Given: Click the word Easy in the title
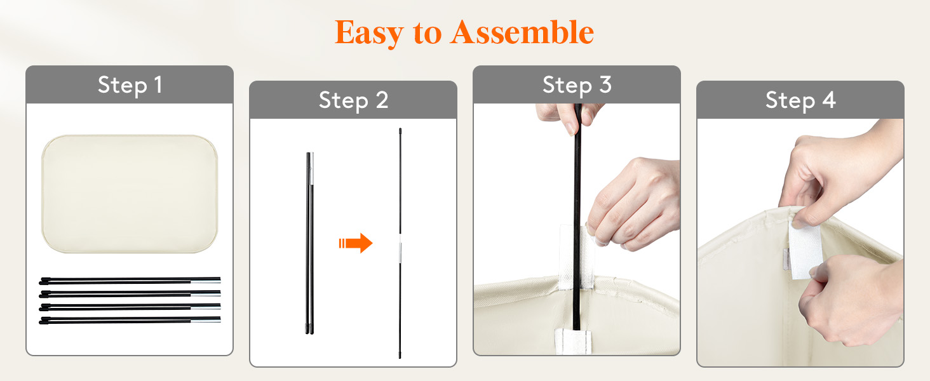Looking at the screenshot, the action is pyautogui.click(x=368, y=33).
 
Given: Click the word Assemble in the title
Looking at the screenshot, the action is pyautogui.click(x=522, y=32).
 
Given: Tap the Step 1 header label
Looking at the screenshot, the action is pyautogui.click(x=130, y=85).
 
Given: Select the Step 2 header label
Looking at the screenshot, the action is pyautogui.click(x=353, y=100).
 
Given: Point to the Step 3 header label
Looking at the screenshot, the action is pyautogui.click(x=577, y=85).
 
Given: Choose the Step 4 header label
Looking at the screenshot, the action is pyautogui.click(x=800, y=100).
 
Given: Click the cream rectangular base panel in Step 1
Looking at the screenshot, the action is pyautogui.click(x=130, y=194).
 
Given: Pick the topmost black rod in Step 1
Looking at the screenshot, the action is pyautogui.click(x=130, y=281).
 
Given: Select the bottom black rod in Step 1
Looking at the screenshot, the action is pyautogui.click(x=130, y=320).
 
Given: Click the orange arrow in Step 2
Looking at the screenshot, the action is pyautogui.click(x=356, y=243).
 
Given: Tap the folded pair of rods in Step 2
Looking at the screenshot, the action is pyautogui.click(x=310, y=243).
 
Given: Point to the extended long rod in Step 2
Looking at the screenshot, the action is pyautogui.click(x=400, y=243).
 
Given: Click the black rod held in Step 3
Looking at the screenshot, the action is pyautogui.click(x=577, y=216).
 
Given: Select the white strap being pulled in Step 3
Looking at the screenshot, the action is pyautogui.click(x=576, y=257).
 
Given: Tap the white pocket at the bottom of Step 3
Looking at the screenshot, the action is pyautogui.click(x=573, y=342).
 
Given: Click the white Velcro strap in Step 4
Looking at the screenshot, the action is pyautogui.click(x=805, y=250).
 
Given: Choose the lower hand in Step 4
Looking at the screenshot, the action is pyautogui.click(x=851, y=300).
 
